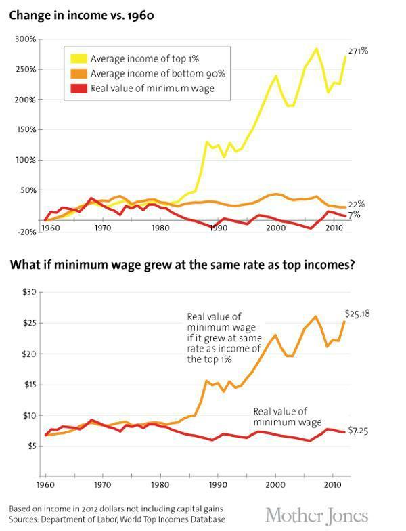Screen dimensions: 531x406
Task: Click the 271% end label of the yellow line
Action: pos(359,51)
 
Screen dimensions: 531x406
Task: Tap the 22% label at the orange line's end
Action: pos(357,205)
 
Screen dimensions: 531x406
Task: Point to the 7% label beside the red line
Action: pos(354,215)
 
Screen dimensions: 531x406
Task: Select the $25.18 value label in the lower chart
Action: pos(359,314)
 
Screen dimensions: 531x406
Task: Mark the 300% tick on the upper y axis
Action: pos(26,39)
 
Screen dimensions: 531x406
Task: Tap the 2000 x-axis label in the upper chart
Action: pos(275,228)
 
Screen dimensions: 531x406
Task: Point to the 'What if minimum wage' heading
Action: pos(182,265)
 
